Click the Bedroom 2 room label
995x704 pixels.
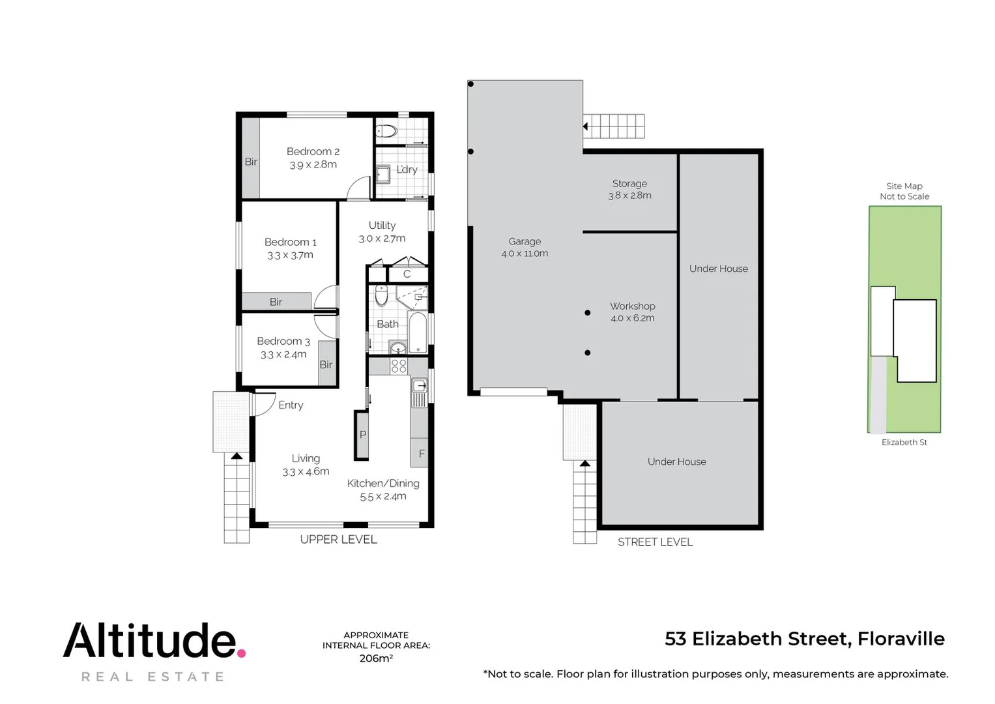[313, 152]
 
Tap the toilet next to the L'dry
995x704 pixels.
[386, 131]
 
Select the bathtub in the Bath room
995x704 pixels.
[417, 330]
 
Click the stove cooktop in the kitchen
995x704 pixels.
[398, 366]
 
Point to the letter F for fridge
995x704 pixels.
[422, 454]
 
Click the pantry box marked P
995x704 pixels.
[362, 435]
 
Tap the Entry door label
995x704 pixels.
[291, 405]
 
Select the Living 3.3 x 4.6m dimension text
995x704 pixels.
[306, 471]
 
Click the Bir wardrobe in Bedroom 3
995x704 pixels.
[326, 364]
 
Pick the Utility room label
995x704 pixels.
[382, 226]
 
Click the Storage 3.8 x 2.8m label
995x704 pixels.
[629, 189]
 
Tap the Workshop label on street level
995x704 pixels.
[632, 306]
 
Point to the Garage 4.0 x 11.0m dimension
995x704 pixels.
[525, 254]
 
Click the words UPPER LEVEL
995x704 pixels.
[338, 539]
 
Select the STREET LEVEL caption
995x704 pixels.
[655, 542]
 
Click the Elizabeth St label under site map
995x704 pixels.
[904, 443]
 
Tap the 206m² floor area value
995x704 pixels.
[376, 658]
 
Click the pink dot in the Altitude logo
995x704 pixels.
[240, 653]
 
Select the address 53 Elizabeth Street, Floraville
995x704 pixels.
[804, 639]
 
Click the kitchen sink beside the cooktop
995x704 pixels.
[419, 386]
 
